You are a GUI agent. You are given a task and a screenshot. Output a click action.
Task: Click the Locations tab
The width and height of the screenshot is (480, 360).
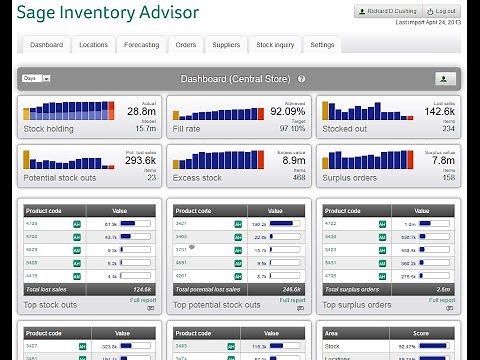(x=94, y=45)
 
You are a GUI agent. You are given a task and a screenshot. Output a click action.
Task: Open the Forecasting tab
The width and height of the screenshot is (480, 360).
(x=141, y=45)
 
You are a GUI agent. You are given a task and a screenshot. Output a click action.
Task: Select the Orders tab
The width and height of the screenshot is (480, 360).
(x=186, y=45)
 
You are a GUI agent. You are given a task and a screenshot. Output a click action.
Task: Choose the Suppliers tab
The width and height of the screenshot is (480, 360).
(x=226, y=45)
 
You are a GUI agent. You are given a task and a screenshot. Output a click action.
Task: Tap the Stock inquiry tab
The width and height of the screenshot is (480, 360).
(x=275, y=45)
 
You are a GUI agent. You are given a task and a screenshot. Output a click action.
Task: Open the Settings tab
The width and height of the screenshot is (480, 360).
(x=322, y=45)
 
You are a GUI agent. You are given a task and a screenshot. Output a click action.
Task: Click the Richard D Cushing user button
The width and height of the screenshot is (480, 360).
(x=391, y=11)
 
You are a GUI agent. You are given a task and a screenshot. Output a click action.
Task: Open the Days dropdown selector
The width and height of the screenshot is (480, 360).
(x=36, y=78)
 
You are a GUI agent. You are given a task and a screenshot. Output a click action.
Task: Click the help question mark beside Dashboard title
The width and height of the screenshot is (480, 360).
(x=301, y=78)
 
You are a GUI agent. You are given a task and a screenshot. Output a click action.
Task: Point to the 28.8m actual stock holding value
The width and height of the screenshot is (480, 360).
(x=141, y=113)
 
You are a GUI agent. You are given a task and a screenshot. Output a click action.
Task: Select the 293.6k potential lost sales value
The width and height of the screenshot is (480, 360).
(x=140, y=160)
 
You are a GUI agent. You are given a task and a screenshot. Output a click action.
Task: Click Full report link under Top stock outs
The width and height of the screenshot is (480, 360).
(x=142, y=299)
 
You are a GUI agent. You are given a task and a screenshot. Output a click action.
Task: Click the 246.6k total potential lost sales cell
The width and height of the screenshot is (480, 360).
(x=292, y=289)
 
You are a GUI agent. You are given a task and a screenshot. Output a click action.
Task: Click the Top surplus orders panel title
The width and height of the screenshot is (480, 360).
(x=351, y=304)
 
